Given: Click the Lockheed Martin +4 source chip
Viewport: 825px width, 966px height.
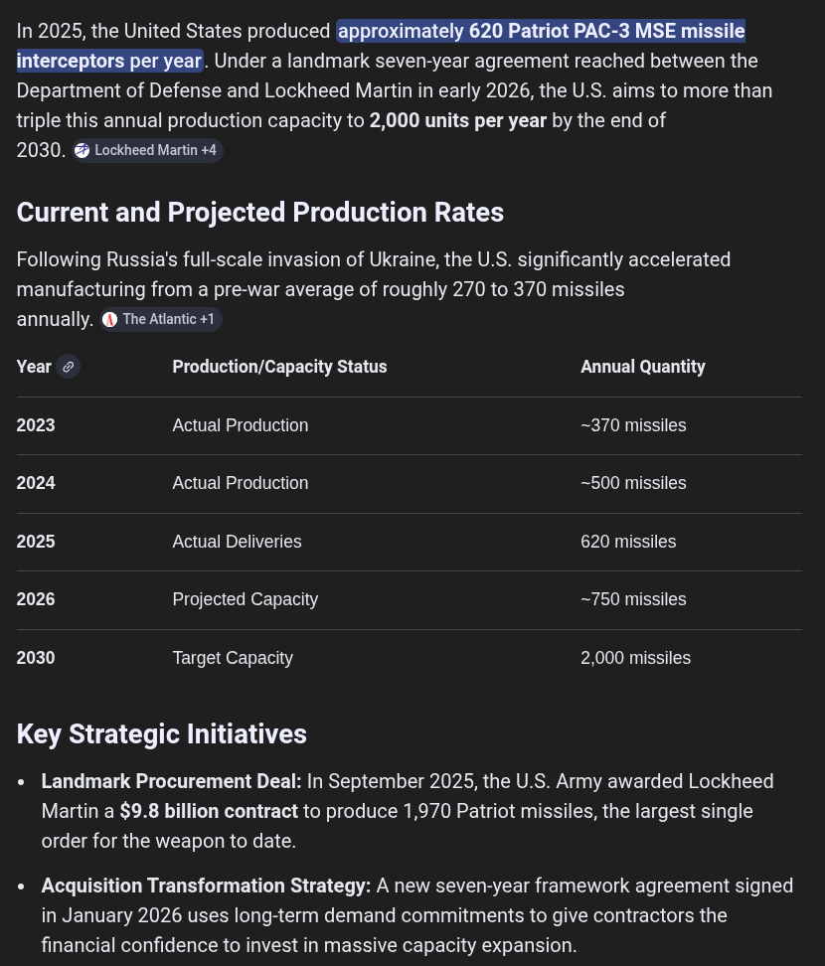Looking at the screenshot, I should pyautogui.click(x=147, y=151).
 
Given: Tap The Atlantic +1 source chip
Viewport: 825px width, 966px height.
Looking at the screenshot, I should pyautogui.click(x=161, y=320).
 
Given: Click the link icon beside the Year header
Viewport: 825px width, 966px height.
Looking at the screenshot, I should pyautogui.click(x=68, y=367).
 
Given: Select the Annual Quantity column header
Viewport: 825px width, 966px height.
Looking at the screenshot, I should pyautogui.click(x=642, y=367).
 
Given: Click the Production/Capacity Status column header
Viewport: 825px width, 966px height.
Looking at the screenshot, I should pyautogui.click(x=279, y=367).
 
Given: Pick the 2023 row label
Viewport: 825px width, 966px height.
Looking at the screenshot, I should pyautogui.click(x=36, y=425).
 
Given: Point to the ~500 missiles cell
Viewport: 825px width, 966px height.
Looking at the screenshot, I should pyautogui.click(x=633, y=483).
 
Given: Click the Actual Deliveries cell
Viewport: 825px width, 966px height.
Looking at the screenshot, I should pyautogui.click(x=237, y=542).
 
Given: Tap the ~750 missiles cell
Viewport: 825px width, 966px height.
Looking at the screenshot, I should pyautogui.click(x=633, y=599).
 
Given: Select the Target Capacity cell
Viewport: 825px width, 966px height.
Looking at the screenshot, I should pyautogui.click(x=233, y=658).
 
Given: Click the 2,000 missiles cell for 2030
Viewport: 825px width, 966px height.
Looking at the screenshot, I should pyautogui.click(x=635, y=658).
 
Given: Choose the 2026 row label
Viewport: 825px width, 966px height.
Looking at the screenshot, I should pyautogui.click(x=36, y=599).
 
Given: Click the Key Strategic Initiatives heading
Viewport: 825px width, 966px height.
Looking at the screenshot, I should pyautogui.click(x=161, y=734).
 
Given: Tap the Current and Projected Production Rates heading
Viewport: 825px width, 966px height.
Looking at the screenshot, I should pyautogui.click(x=259, y=213).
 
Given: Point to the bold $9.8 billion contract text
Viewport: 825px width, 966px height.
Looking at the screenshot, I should pyautogui.click(x=209, y=812).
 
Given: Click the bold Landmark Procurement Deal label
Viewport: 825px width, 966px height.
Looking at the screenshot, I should pyautogui.click(x=171, y=782).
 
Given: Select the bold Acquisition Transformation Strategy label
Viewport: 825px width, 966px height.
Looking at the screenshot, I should pyautogui.click(x=206, y=885).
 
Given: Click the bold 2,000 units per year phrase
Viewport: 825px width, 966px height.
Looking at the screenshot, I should pyautogui.click(x=457, y=121).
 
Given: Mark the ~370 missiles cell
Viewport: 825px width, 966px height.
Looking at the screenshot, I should pyautogui.click(x=633, y=425).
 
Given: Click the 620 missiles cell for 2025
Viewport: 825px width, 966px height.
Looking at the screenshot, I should pyautogui.click(x=628, y=542).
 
